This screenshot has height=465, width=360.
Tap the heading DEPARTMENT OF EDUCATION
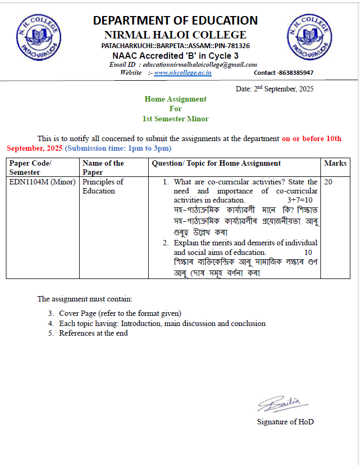175,21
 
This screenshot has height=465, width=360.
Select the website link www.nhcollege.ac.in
182,73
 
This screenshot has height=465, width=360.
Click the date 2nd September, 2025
274,88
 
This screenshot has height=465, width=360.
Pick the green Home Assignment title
175,99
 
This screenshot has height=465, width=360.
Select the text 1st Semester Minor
175,119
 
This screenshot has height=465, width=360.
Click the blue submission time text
118,148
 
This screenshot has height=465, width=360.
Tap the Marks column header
335,163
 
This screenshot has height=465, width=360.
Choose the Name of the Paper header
103,167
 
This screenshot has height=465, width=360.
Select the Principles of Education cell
103,186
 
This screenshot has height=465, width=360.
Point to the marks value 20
328,182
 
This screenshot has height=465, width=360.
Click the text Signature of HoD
285,422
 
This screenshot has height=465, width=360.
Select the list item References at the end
93,333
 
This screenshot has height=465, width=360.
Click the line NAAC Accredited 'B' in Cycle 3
175,56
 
